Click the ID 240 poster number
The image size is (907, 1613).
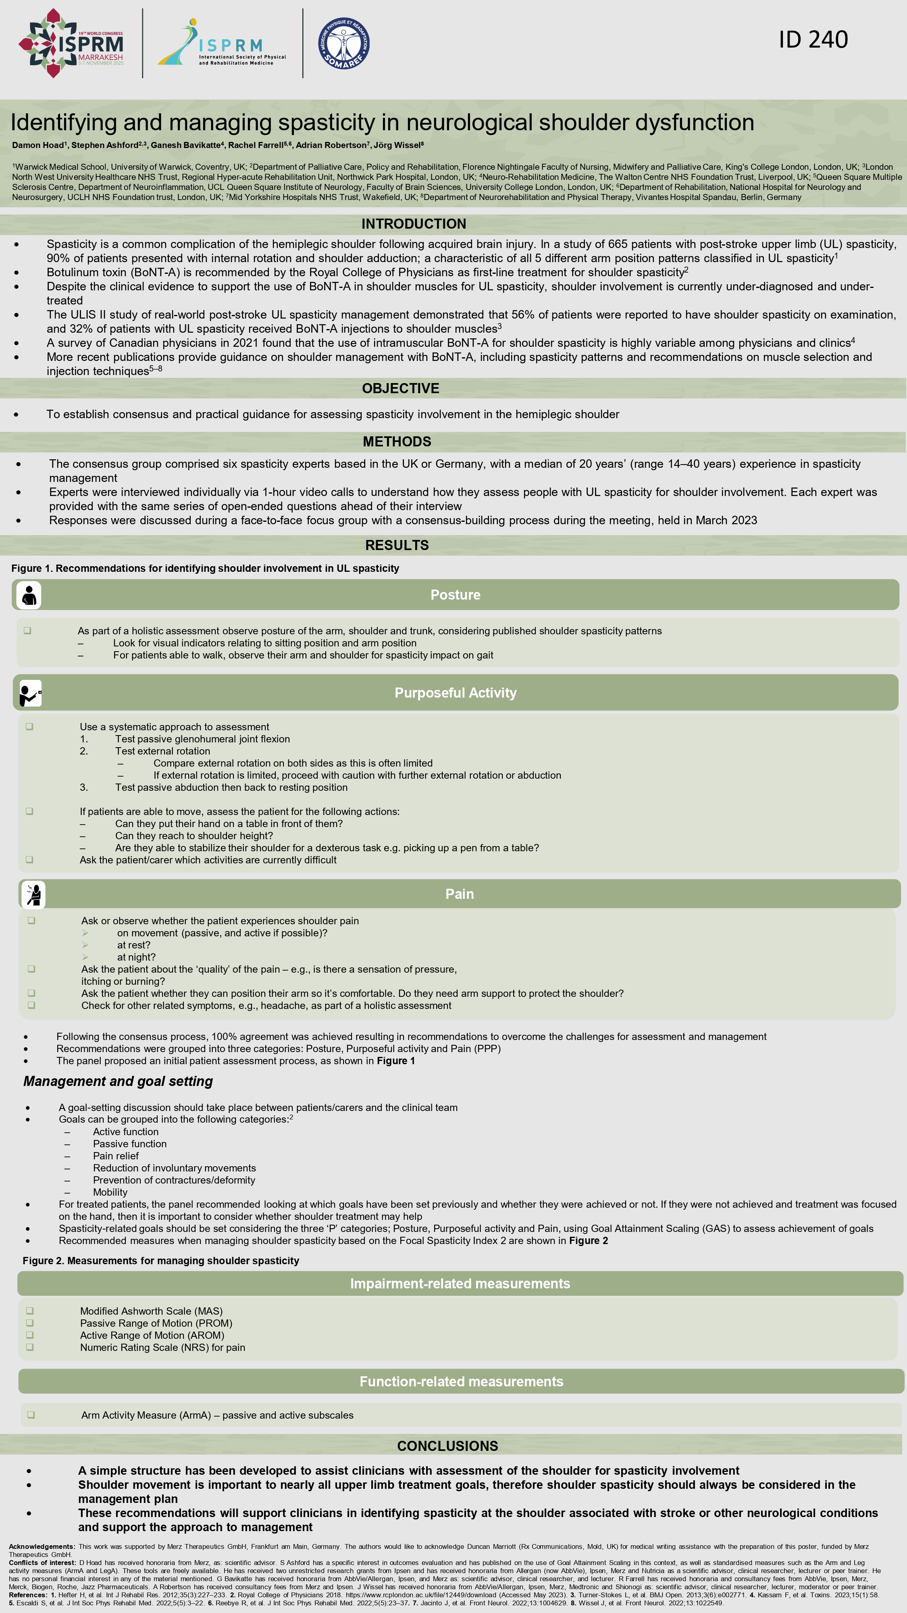pos(813,40)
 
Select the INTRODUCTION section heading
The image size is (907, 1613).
pos(413,223)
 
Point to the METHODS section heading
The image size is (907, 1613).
pos(397,442)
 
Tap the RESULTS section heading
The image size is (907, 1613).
pos(397,545)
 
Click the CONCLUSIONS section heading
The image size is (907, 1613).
pos(447,1446)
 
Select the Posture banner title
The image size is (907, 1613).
pos(455,595)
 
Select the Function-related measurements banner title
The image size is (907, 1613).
pos(461,1381)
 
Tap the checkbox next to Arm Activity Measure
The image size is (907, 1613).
pos(31,1415)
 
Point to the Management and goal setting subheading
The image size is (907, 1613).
pos(118,1082)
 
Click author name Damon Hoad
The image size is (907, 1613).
pos(37,145)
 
